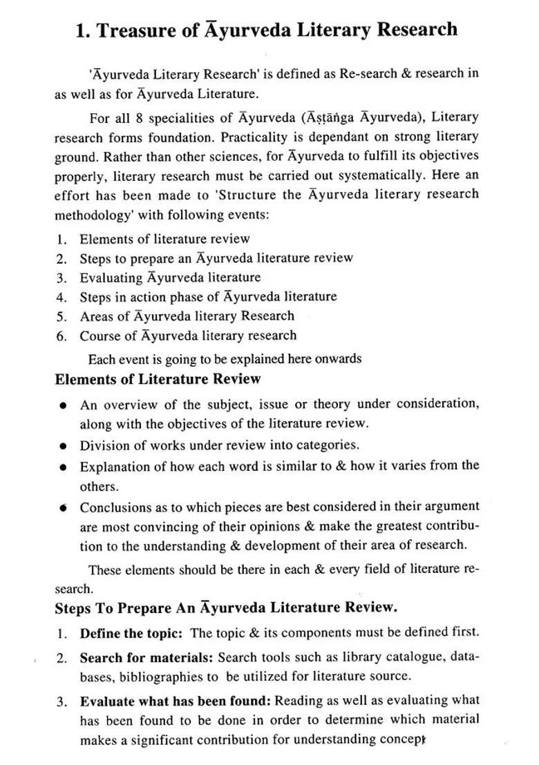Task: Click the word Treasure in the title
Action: (135, 30)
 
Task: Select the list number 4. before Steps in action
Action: (62, 298)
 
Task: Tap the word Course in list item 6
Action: (99, 336)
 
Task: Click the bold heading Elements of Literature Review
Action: (158, 379)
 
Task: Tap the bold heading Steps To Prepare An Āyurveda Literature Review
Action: (226, 608)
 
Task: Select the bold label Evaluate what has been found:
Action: (175, 701)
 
